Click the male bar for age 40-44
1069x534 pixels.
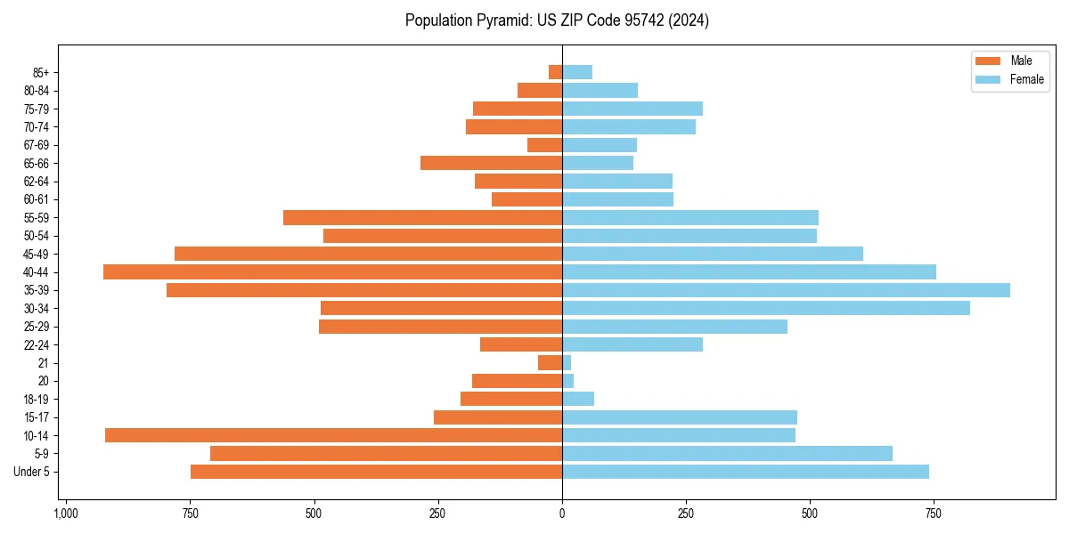point(332,271)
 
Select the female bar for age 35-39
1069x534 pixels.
point(786,290)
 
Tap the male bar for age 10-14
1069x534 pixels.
point(333,435)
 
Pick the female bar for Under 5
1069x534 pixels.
point(745,472)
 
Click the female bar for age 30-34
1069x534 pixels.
point(765,308)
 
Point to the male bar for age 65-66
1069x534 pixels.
point(491,163)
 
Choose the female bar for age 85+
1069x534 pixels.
point(577,72)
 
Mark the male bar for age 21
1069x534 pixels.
point(550,363)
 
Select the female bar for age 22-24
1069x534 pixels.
point(632,344)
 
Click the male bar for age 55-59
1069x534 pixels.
point(422,217)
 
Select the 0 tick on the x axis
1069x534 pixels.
point(562,514)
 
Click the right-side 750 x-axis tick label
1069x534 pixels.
point(933,514)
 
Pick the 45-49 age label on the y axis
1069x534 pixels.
point(37,254)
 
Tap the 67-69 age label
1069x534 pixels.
point(37,145)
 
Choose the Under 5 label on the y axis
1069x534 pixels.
point(32,472)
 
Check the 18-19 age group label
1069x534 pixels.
point(37,399)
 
